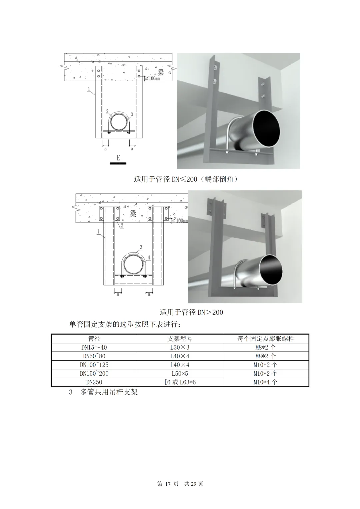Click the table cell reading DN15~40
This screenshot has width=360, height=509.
pos(94,347)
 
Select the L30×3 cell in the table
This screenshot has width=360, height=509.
pos(180,347)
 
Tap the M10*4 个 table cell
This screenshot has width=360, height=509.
pos(265,382)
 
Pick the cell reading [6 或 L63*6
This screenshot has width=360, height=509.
pos(180,382)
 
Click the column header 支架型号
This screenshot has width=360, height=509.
pos(180,339)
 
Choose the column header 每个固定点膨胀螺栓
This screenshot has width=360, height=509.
pos(266,339)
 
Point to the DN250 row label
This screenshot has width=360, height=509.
pos(94,382)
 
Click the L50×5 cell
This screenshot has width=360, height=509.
pos(180,373)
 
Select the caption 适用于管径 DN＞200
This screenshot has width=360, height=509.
pos(191,312)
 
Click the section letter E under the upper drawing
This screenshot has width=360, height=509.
pos(118,158)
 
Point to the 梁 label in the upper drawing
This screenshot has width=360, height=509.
pos(161,72)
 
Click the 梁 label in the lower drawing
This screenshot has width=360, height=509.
pos(133,214)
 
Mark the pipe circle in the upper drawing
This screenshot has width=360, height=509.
pos(119,123)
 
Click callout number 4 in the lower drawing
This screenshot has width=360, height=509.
pos(149,257)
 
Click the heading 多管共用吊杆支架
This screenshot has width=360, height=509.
pos(109,392)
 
